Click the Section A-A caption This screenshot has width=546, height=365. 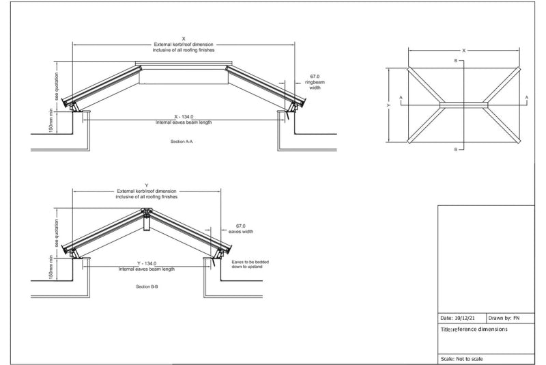(x=182, y=141)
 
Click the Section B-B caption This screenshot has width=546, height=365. (x=147, y=286)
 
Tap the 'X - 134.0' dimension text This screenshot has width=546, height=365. (x=184, y=116)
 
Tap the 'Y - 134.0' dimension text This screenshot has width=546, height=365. (x=147, y=264)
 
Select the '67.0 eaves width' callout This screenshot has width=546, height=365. (x=241, y=229)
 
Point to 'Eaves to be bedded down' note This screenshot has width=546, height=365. (x=250, y=265)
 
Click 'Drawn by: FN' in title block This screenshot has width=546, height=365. (x=504, y=318)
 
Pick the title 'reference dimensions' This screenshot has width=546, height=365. (x=480, y=329)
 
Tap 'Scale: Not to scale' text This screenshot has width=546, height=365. (x=462, y=359)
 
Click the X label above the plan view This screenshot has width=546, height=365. (x=464, y=51)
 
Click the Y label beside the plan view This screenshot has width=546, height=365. (x=388, y=105)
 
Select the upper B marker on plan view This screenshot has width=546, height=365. (x=455, y=61)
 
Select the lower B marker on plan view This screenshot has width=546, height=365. (x=455, y=150)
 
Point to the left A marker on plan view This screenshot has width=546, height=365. (x=401, y=98)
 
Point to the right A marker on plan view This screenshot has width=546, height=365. (x=526, y=98)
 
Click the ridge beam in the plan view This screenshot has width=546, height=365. (x=464, y=105)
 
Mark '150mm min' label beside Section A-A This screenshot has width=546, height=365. (x=51, y=121)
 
